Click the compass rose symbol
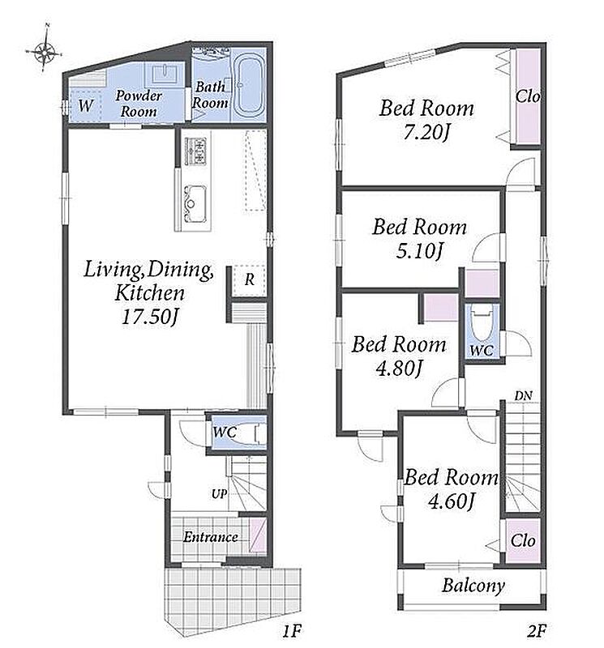[45, 51]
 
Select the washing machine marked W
[85, 105]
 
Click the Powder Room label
[138, 104]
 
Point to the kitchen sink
[195, 202]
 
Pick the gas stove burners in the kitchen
[195, 151]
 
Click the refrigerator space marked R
[248, 279]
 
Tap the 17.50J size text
[150, 318]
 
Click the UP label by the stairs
[219, 494]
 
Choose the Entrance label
[210, 537]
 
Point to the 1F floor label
[292, 631]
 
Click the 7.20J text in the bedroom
[426, 133]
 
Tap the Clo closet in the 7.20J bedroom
[528, 96]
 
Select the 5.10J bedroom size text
[419, 250]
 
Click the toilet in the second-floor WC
[482, 326]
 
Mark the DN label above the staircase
[523, 395]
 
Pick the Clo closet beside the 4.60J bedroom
[523, 540]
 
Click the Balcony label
[473, 586]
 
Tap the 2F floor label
[537, 631]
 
